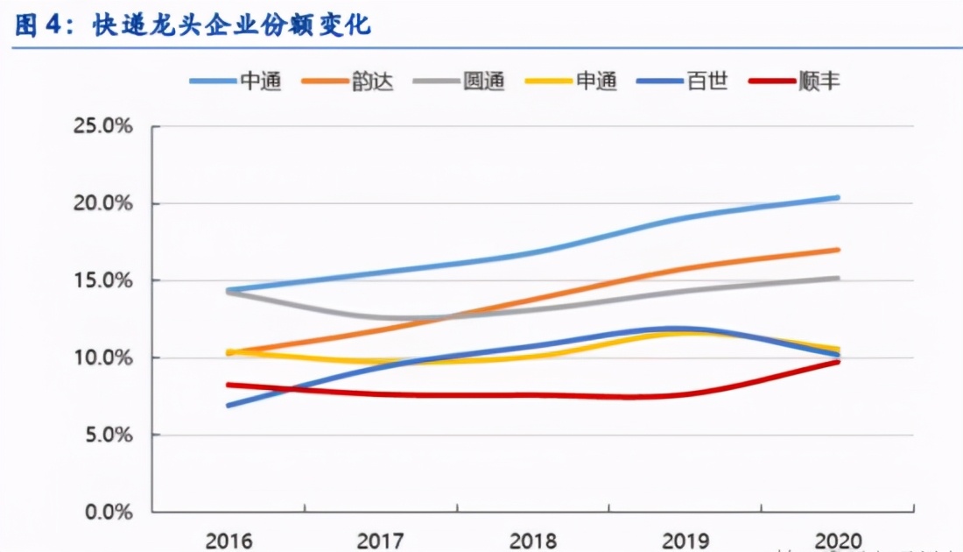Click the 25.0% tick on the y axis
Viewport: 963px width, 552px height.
point(102,126)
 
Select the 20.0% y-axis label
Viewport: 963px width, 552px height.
point(102,203)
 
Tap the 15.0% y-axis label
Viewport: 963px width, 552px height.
point(102,280)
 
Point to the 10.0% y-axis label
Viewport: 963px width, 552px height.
point(102,357)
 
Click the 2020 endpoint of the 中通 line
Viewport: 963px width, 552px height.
point(838,197)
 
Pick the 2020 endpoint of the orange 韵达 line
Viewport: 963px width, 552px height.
point(838,250)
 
